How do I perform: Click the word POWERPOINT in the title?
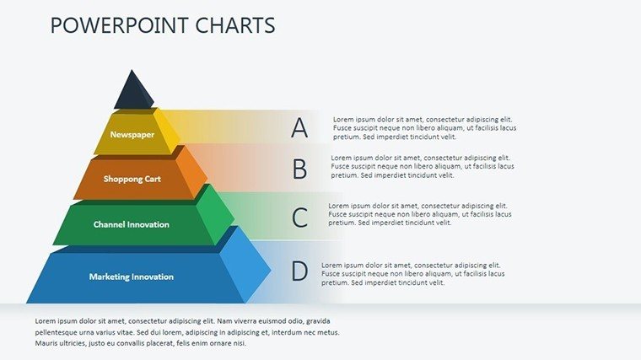click(120, 25)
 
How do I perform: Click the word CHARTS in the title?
click(235, 25)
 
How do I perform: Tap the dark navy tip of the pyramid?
click(133, 92)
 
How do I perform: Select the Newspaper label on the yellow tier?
click(132, 134)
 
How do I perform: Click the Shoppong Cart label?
click(132, 179)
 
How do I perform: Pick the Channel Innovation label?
click(132, 224)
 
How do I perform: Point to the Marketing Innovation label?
click(132, 277)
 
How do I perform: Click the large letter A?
click(299, 127)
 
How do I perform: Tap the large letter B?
click(299, 169)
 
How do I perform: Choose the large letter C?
click(299, 218)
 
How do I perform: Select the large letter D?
click(299, 271)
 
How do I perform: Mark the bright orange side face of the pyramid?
click(192, 172)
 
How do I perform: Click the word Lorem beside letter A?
click(343, 120)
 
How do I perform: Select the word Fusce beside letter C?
click(338, 214)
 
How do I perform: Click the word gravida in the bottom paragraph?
click(318, 321)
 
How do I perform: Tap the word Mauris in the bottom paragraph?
click(46, 343)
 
